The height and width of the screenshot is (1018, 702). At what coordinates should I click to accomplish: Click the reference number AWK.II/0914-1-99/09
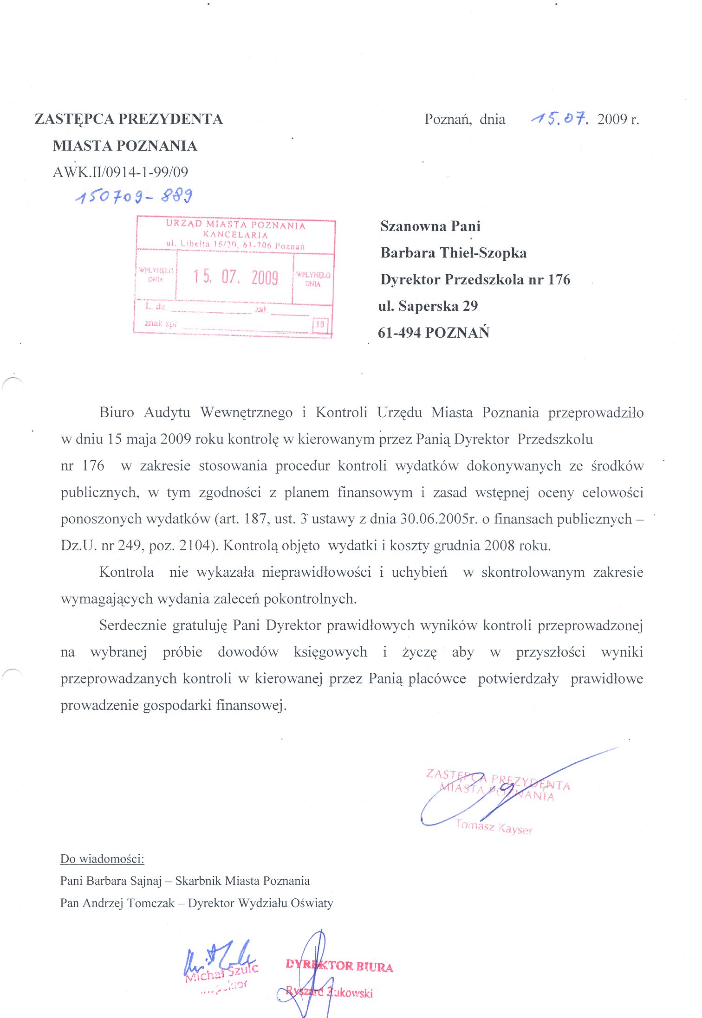click(120, 172)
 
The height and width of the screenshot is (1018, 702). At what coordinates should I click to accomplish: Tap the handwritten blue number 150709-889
click(134, 197)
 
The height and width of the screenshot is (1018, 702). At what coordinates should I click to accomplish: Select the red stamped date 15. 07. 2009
click(235, 277)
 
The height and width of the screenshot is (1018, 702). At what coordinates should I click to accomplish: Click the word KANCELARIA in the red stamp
click(235, 235)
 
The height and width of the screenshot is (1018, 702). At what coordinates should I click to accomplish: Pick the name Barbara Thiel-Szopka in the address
click(453, 253)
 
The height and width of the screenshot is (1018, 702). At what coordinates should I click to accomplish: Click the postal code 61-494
click(399, 333)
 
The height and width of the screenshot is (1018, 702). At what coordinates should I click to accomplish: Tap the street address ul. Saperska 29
click(428, 306)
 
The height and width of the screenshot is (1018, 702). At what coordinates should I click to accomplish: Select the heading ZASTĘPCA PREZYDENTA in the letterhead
click(129, 119)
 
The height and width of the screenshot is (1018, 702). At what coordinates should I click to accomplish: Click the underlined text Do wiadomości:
click(102, 859)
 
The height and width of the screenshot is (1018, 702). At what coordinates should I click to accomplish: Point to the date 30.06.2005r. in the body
click(439, 519)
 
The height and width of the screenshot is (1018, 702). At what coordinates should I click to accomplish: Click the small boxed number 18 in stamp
click(320, 324)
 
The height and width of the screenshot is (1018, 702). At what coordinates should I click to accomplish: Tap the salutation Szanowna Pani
click(430, 226)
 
